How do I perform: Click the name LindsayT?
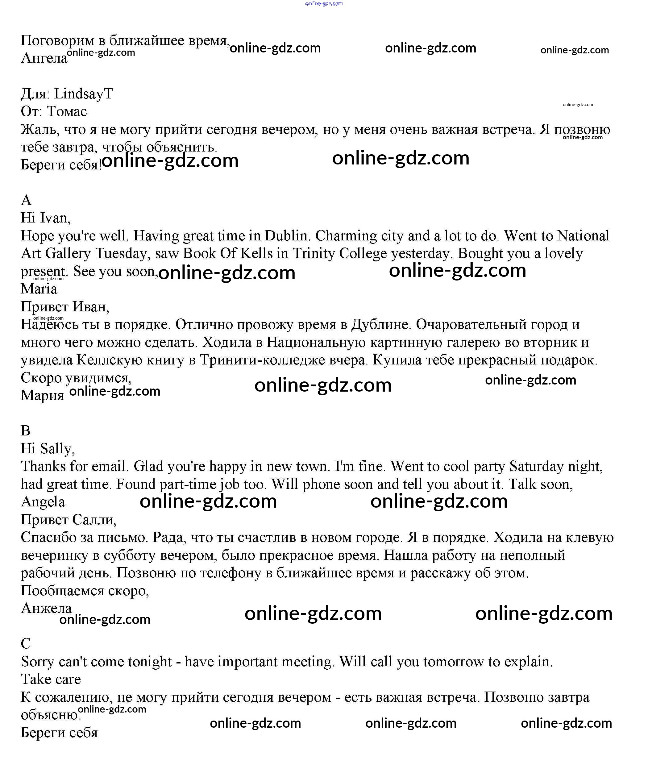(x=83, y=94)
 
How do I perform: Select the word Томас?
(x=67, y=112)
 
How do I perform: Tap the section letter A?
(x=26, y=200)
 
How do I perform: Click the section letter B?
(x=25, y=430)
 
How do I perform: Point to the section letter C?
(x=26, y=643)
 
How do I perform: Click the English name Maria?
(x=39, y=289)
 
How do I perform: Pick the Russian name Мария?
(x=42, y=395)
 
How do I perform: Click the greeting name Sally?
(x=57, y=449)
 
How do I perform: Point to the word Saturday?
(x=536, y=466)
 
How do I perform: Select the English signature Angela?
(x=43, y=502)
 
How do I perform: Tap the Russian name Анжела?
(x=46, y=608)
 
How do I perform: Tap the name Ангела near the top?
(x=44, y=58)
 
